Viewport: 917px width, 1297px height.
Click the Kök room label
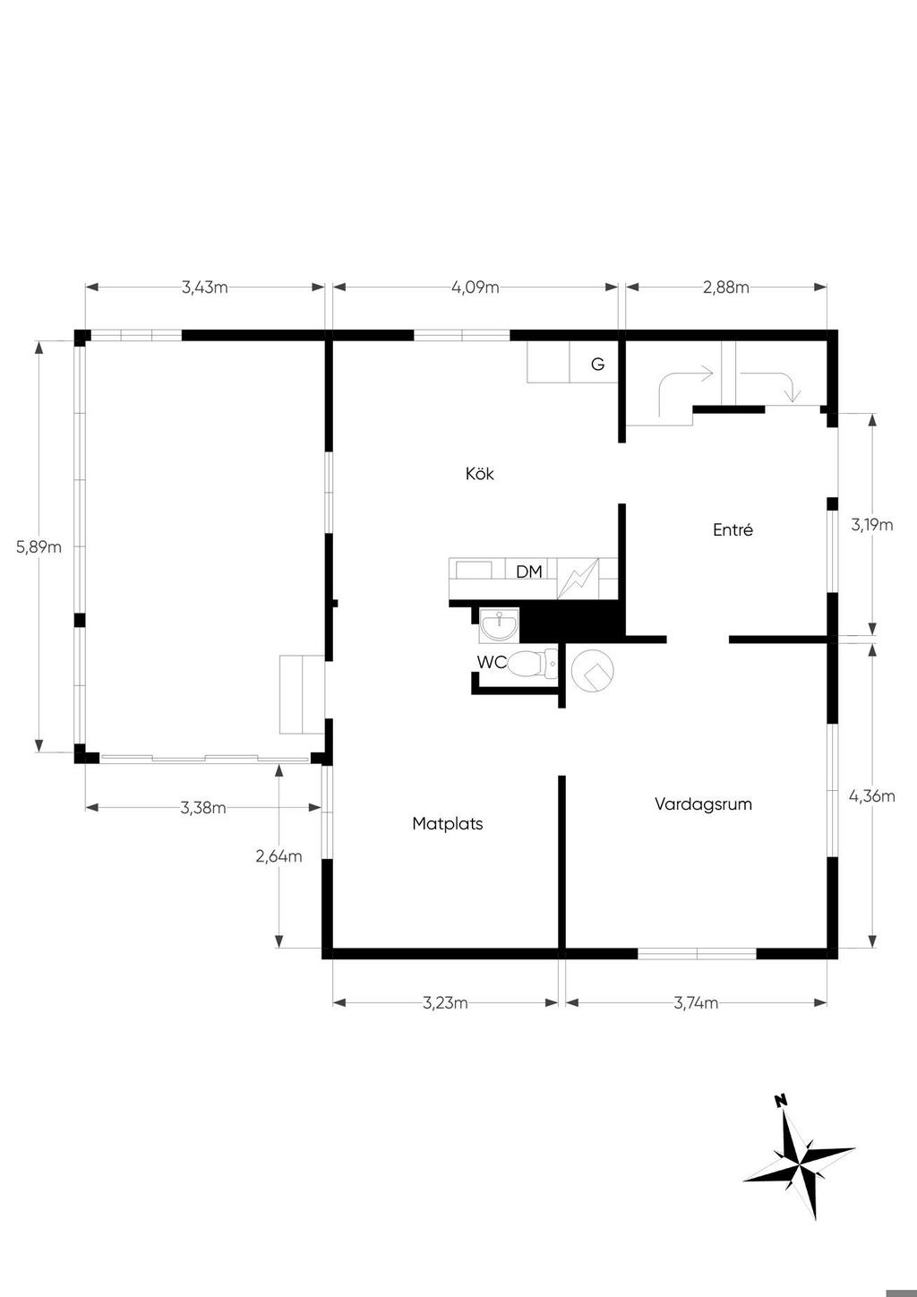pos(479,474)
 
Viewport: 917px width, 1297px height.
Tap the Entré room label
pos(733,529)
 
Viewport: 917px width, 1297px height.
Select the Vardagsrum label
pos(703,803)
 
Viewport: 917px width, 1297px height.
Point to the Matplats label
pos(447,823)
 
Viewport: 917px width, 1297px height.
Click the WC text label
pos(491,663)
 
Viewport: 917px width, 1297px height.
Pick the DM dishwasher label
pos(529,571)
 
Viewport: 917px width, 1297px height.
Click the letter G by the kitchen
pos(597,365)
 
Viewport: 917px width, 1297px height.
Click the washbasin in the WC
pos(498,624)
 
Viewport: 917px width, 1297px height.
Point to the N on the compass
pos(781,1100)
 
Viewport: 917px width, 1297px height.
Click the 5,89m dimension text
pos(39,546)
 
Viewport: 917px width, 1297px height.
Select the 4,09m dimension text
pos(475,288)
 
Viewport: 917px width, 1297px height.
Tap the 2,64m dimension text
pos(279,856)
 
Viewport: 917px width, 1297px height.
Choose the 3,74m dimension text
pos(696,1003)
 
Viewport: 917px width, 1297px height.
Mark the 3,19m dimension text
pos(871,525)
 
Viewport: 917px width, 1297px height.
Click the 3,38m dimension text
pos(202,808)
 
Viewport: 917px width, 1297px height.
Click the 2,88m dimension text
pos(726,288)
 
